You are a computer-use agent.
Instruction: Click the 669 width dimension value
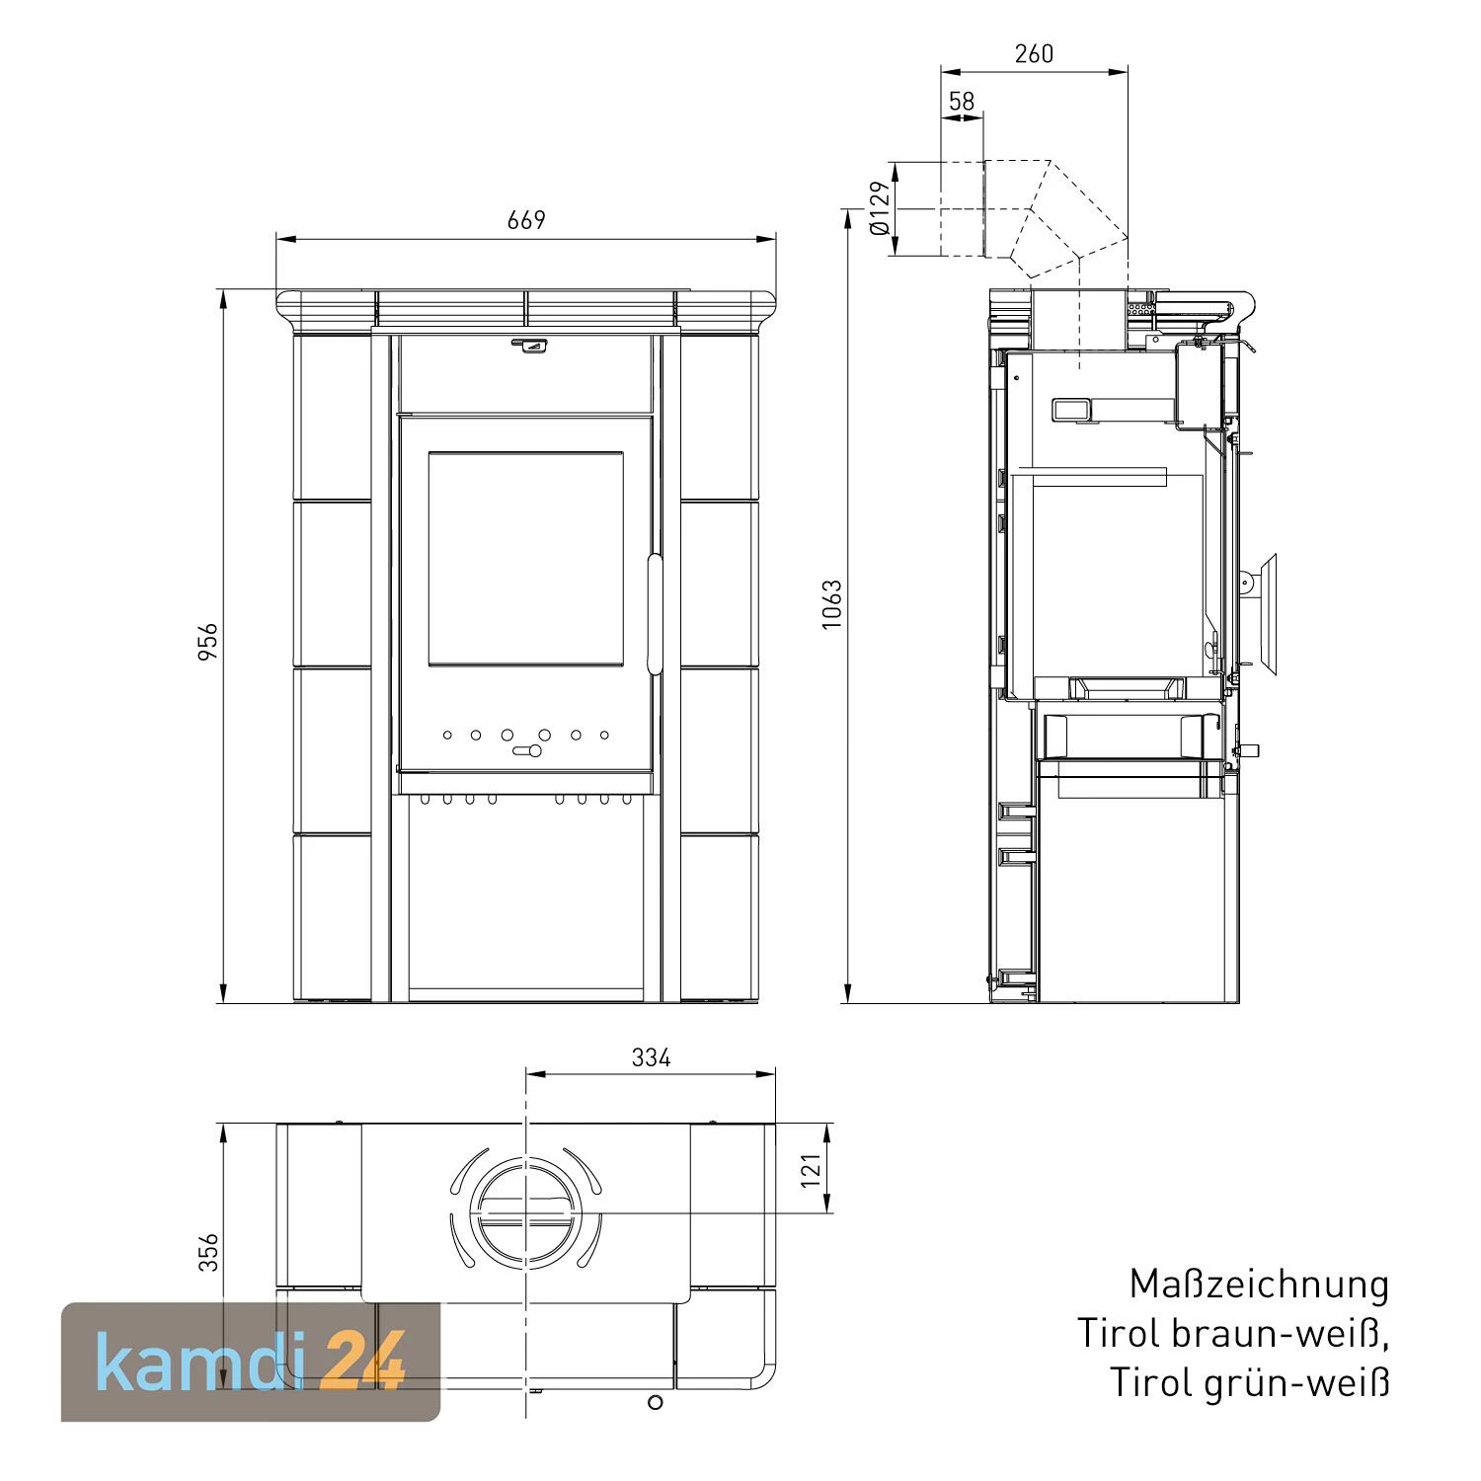click(x=526, y=219)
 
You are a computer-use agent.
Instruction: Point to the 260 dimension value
click(x=1034, y=53)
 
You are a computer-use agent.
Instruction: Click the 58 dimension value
click(x=961, y=101)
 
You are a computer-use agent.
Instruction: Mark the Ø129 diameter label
click(x=880, y=208)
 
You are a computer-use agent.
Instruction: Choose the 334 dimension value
click(x=651, y=1057)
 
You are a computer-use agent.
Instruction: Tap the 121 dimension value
click(x=811, y=1169)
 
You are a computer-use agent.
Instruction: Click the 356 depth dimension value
click(x=208, y=1252)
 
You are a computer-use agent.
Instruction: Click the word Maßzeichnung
click(x=1259, y=1285)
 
